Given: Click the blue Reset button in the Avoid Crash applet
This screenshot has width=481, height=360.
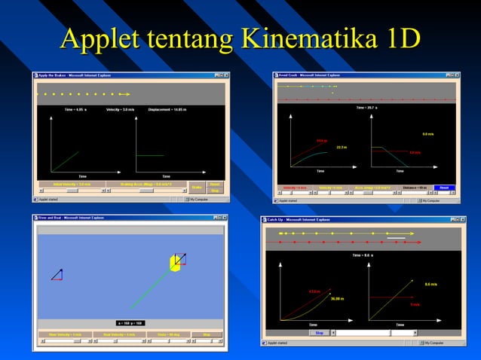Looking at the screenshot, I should pyautogui.click(x=443, y=188).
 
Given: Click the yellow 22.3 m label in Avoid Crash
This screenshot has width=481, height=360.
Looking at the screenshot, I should pyautogui.click(x=341, y=147).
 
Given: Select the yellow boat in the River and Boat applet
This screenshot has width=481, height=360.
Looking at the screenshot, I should pyautogui.click(x=176, y=263).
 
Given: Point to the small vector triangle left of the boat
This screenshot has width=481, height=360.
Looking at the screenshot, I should pyautogui.click(x=57, y=274).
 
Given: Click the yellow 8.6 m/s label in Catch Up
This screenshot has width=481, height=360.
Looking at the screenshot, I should pyautogui.click(x=431, y=284).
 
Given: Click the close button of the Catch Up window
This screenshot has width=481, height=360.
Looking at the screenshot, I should pyautogui.click(x=462, y=219).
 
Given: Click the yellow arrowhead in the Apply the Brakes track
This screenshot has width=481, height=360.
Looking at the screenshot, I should pyautogui.click(x=129, y=94).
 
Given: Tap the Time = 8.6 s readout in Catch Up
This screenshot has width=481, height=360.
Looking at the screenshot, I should pyautogui.click(x=363, y=255).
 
